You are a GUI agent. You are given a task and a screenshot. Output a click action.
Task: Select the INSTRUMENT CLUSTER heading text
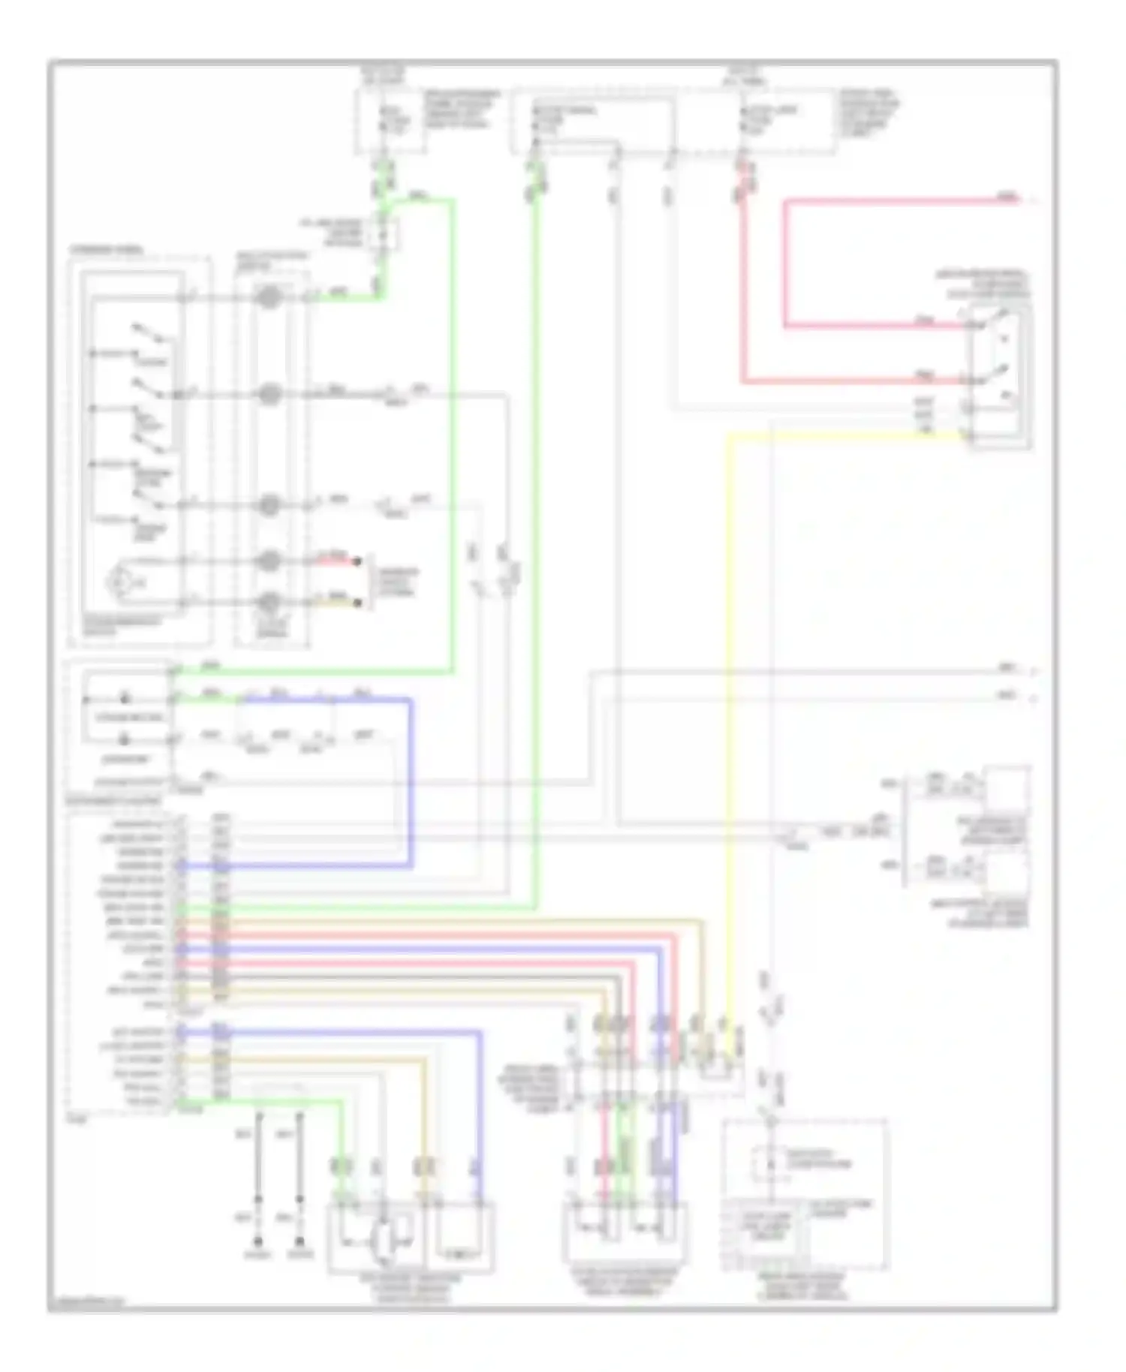(113, 802)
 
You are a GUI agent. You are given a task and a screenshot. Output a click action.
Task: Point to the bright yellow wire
(727, 675)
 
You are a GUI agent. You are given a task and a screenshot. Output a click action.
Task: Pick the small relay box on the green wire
(382, 233)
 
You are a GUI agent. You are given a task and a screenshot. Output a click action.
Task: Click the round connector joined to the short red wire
(269, 561)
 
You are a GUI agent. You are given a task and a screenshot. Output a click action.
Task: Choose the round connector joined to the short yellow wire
(269, 602)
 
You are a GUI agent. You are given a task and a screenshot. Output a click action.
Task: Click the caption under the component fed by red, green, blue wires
(623, 1284)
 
